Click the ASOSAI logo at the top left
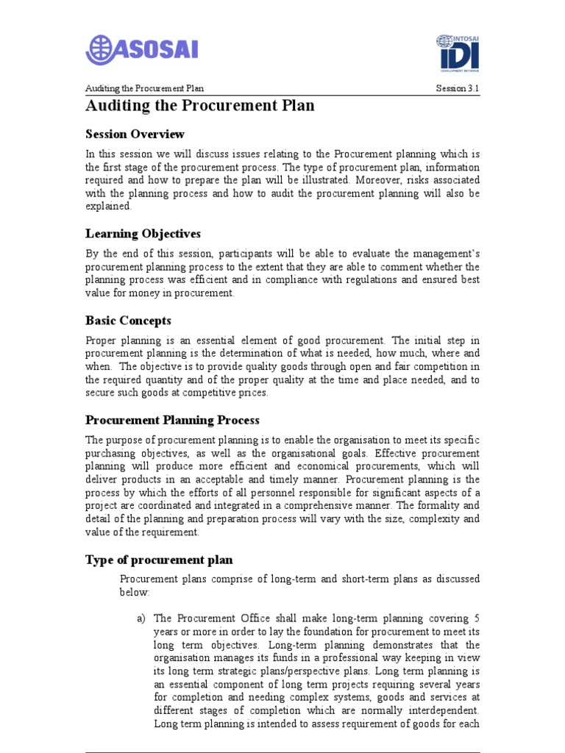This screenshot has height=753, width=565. coord(142,50)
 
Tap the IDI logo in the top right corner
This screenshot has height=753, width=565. coord(458,54)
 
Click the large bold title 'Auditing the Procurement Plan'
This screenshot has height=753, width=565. coord(200,106)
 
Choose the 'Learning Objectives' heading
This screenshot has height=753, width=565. coord(143,234)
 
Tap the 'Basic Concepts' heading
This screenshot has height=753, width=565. coord(128,321)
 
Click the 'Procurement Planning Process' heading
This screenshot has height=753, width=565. coord(172,421)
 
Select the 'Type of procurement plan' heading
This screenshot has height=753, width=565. coord(159,560)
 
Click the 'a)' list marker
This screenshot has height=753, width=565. coord(142,618)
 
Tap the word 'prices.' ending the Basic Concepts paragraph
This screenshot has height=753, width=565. coord(254,393)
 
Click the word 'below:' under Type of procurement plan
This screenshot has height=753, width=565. coord(135,592)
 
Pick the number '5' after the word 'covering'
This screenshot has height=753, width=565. coord(477,618)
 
